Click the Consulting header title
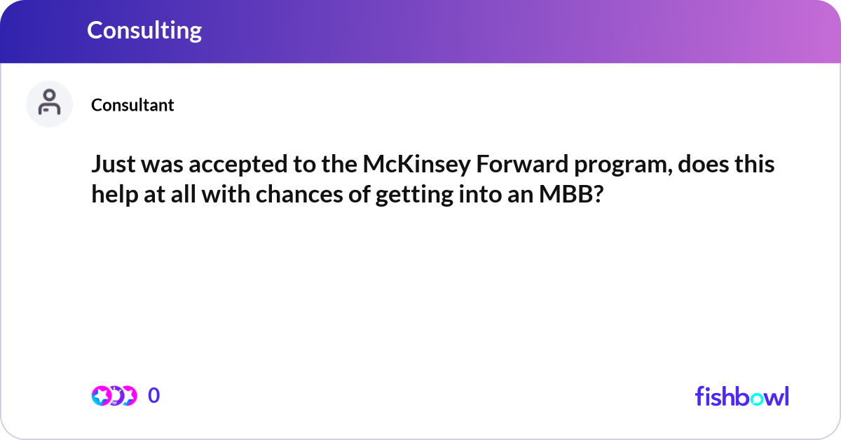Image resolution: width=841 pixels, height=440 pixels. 144,30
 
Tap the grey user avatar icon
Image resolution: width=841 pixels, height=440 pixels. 49,104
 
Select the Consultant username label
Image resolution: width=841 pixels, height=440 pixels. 132,105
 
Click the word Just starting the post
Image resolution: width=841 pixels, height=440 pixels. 114,165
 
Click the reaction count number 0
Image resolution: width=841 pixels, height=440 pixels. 154,396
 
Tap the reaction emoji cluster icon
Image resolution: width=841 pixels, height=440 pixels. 114,396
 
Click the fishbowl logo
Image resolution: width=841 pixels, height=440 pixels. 741,396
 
